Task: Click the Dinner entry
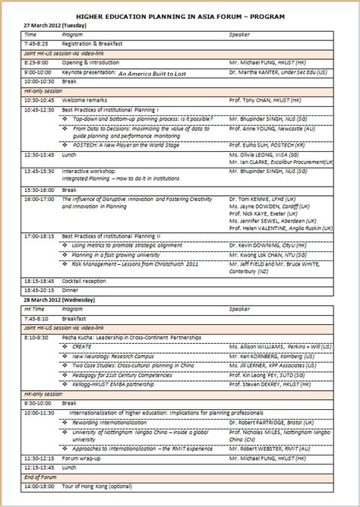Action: click(70, 290)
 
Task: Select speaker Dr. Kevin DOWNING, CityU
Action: click(263, 246)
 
